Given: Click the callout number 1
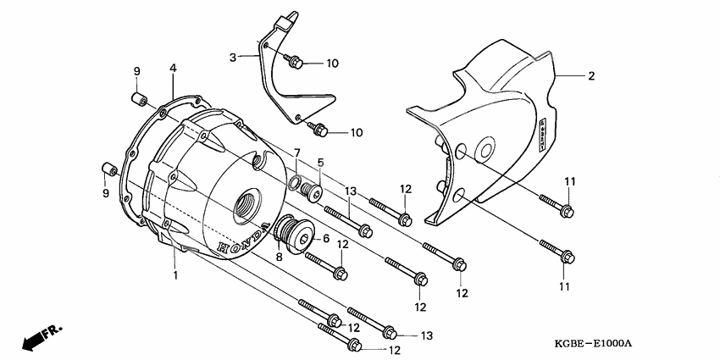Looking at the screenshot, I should pos(175,275).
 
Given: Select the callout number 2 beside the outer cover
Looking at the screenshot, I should pos(590,76).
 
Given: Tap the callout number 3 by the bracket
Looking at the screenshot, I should pos(232,57).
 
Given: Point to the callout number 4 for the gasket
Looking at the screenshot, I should pos(173,68).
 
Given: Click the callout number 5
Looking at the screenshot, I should pos(321,162).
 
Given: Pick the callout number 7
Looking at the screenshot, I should pos(297,152).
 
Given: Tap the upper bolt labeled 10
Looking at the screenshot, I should pos(295,62).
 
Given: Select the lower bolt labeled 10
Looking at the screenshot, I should pos(320,129).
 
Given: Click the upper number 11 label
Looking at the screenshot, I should pos(570,182).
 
